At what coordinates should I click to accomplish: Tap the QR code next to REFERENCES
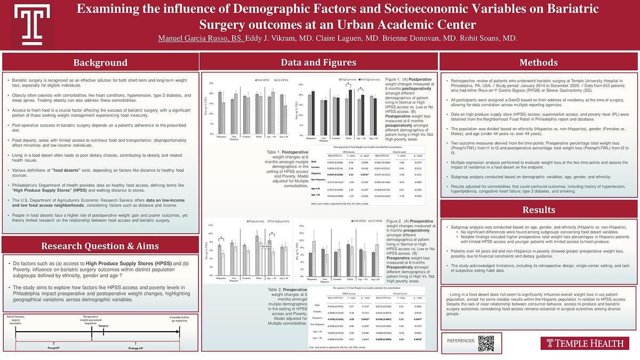(x=486, y=343)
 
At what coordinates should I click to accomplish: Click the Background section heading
(x=100, y=63)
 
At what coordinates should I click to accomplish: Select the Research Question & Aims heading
(x=100, y=246)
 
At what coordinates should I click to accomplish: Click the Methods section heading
(x=539, y=63)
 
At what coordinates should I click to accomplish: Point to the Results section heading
(x=539, y=210)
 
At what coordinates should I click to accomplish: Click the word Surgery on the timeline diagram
(x=103, y=325)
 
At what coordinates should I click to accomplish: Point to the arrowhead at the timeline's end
(x=194, y=331)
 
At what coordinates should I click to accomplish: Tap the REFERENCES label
(x=460, y=340)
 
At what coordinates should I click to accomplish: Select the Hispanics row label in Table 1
(x=316, y=174)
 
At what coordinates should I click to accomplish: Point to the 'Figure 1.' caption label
(x=394, y=79)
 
